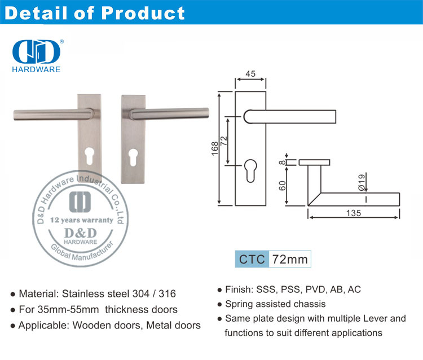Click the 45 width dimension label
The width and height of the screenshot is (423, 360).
250,74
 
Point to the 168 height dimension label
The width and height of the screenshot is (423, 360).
215,148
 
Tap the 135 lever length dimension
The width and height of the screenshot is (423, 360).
354,213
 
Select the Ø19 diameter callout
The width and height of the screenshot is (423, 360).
362,182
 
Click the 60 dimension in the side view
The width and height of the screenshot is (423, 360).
282,186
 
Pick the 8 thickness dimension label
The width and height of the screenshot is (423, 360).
282,162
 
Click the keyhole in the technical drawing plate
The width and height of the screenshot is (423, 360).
250,170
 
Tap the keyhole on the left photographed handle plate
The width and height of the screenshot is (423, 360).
89,156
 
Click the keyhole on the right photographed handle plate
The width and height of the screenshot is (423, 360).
133,157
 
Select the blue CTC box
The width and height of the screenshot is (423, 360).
252,259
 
